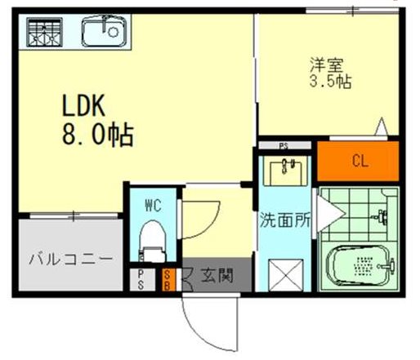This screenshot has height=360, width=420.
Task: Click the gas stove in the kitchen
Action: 44,32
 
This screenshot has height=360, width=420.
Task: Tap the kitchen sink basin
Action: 104,31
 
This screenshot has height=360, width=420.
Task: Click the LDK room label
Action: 83,105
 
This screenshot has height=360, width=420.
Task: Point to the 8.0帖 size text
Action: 98,135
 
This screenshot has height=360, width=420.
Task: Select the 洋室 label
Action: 326,64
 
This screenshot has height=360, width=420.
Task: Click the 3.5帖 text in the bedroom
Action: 330,81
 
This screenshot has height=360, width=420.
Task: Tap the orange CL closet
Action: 358,161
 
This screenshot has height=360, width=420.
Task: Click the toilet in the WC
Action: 153,241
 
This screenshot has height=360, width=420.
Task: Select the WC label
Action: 153,205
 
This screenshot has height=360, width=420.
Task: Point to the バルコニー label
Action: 70,260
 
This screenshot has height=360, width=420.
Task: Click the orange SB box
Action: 168,280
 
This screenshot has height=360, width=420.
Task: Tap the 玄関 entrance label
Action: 217,275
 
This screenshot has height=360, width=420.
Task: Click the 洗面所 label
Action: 285,220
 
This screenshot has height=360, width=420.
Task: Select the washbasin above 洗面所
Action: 285,171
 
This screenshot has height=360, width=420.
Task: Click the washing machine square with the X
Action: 285,275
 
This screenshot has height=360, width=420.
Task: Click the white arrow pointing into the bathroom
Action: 330,214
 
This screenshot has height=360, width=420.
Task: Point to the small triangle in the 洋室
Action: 382,127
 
